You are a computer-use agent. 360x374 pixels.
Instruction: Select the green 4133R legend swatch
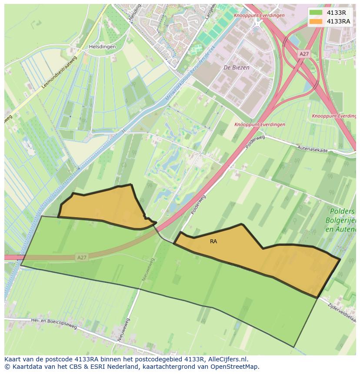(x=316, y=12)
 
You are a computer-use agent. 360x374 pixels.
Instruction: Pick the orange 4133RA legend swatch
(x=316, y=21)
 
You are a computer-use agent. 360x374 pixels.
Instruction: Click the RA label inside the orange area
(x=213, y=242)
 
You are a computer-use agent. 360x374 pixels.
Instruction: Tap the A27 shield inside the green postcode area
(x=81, y=257)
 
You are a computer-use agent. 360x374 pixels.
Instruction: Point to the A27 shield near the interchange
(x=304, y=54)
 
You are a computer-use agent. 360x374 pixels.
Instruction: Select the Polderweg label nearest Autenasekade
(x=255, y=142)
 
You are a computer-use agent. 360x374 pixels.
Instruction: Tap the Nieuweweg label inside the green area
(x=147, y=269)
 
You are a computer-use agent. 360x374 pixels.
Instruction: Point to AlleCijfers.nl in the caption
(x=228, y=359)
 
